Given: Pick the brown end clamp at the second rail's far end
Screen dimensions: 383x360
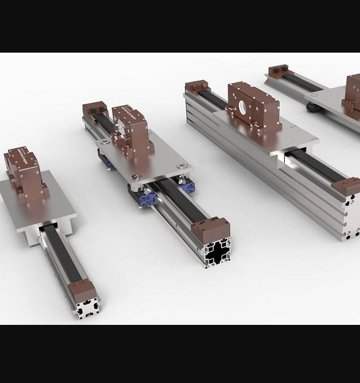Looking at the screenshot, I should pyautogui.click(x=94, y=111).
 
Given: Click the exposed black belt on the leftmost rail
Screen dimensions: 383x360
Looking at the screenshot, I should pyautogui.click(x=58, y=257).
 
